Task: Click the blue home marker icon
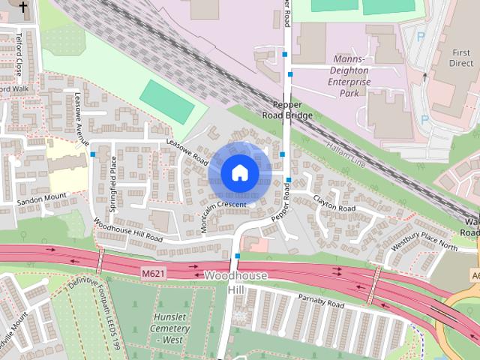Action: click(239, 172)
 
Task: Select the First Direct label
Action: click(460, 58)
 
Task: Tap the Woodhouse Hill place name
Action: click(235, 282)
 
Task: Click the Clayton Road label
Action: click(334, 202)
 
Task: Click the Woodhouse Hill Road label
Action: click(127, 229)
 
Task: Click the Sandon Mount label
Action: click(42, 199)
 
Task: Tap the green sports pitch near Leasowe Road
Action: click(166, 101)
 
